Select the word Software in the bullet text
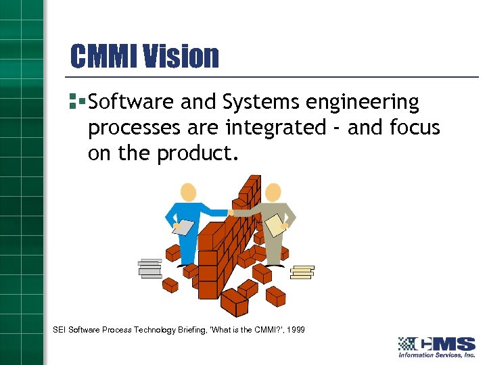pos(131,103)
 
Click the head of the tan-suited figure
pos(273,193)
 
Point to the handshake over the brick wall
pos(231,212)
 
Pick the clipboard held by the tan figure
pos(275,225)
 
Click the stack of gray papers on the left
pos(149,268)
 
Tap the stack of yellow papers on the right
pos(302,271)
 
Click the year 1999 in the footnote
pos(296,330)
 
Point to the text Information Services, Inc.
pos(436,355)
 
